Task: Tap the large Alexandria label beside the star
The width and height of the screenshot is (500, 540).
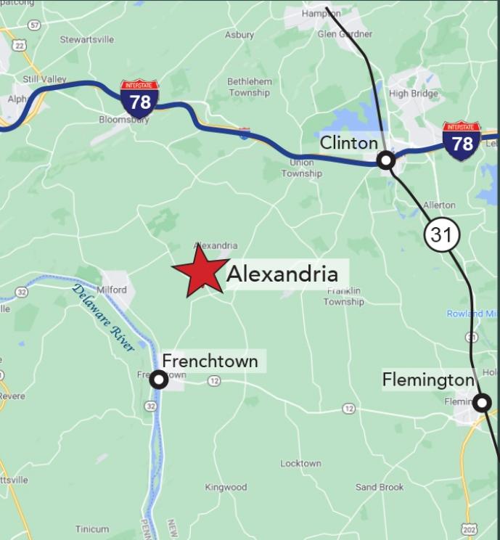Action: point(282,274)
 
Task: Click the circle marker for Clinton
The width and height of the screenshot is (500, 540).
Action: point(387,160)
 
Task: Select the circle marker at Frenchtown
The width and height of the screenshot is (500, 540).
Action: point(158,379)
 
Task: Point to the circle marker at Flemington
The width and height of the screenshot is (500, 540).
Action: point(482,401)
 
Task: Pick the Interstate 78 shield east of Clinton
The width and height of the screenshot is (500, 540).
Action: point(462,141)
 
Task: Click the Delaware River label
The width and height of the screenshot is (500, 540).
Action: point(104,318)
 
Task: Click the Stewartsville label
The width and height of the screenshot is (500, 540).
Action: point(87,39)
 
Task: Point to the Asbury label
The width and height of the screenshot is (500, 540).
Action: point(239,35)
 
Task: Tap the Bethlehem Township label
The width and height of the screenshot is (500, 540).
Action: point(250,87)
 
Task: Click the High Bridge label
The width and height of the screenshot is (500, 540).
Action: point(413,94)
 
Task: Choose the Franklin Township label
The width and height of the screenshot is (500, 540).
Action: point(343,296)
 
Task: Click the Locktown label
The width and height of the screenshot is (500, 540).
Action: point(300,463)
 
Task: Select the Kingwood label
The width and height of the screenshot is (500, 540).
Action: point(226,487)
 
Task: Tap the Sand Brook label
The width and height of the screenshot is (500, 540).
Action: point(380,487)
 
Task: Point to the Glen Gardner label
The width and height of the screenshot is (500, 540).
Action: point(345,34)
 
